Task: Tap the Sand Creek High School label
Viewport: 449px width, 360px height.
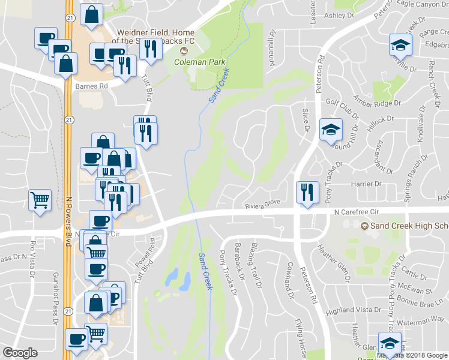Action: [408, 226]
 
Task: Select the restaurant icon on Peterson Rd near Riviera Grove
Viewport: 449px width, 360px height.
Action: [307, 193]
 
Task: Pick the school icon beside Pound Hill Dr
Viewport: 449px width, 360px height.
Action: [330, 130]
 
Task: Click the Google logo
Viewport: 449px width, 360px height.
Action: [20, 353]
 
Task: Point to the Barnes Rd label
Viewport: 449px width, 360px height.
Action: [91, 86]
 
